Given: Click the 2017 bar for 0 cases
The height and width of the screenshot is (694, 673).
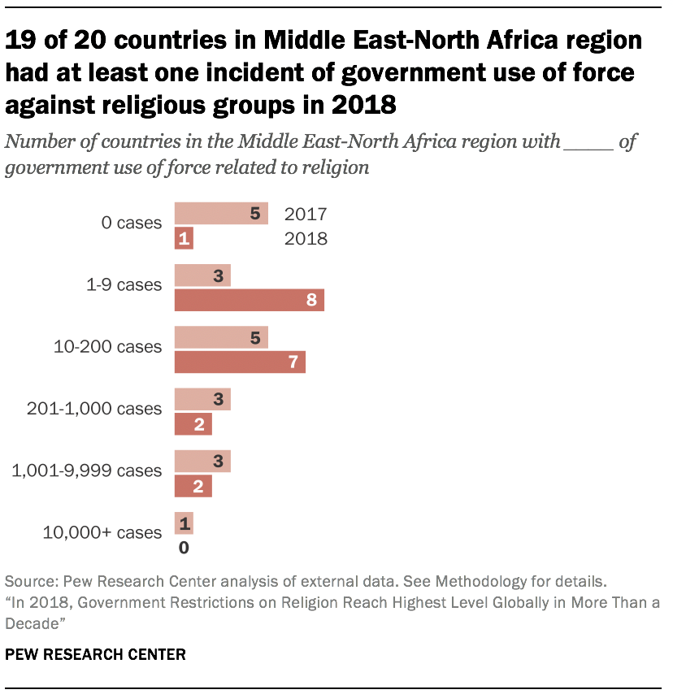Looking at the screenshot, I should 221,214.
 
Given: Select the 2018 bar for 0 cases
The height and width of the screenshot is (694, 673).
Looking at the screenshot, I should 184,239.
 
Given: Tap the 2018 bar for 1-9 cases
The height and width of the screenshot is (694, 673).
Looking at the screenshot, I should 250,301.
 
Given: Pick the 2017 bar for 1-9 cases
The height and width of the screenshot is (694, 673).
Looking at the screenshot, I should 202,275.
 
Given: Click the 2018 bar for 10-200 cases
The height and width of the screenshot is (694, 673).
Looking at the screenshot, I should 240,362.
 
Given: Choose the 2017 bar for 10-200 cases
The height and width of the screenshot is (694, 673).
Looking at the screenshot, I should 221,337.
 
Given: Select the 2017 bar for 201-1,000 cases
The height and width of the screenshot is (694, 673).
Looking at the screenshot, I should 202,399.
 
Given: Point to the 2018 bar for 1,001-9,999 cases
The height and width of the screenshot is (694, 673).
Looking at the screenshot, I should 193,486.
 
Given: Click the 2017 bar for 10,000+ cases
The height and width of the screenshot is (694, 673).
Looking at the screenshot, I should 184,523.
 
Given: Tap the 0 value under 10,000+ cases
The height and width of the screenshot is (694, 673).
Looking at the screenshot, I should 184,548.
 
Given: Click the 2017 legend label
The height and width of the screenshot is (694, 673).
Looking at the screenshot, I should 306,215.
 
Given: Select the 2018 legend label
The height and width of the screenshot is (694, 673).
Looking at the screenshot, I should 306,239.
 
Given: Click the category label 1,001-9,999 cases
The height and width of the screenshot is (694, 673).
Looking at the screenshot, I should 86,471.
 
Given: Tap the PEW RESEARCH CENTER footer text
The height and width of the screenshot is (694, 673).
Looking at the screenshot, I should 95,653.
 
